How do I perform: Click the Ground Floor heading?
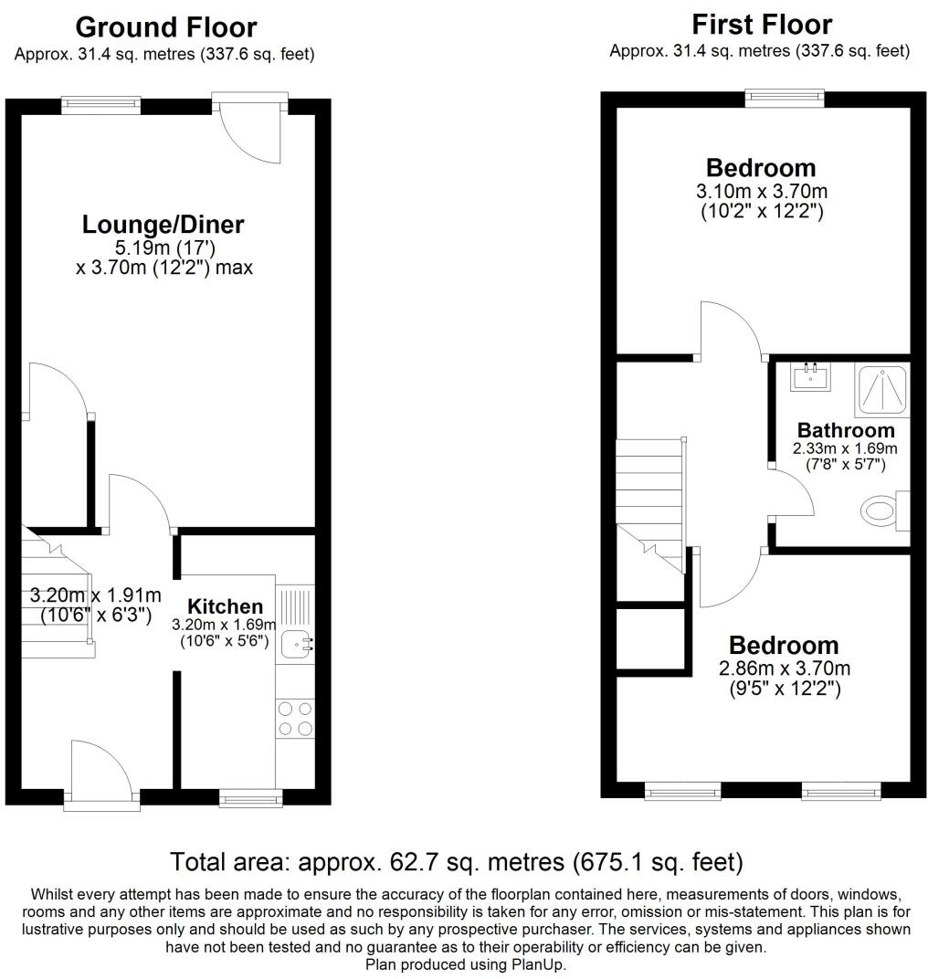click(165, 27)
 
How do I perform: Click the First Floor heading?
click(762, 24)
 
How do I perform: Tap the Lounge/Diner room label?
click(163, 224)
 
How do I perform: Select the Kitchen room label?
click(225, 606)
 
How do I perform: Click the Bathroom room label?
click(846, 430)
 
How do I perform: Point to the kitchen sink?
click(296, 643)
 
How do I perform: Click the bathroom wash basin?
click(811, 375)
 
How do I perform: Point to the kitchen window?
click(251, 799)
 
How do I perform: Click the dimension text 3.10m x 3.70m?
click(762, 192)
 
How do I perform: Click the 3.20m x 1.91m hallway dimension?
click(95, 595)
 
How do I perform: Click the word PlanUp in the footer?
click(542, 963)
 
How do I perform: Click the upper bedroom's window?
click(786, 96)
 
